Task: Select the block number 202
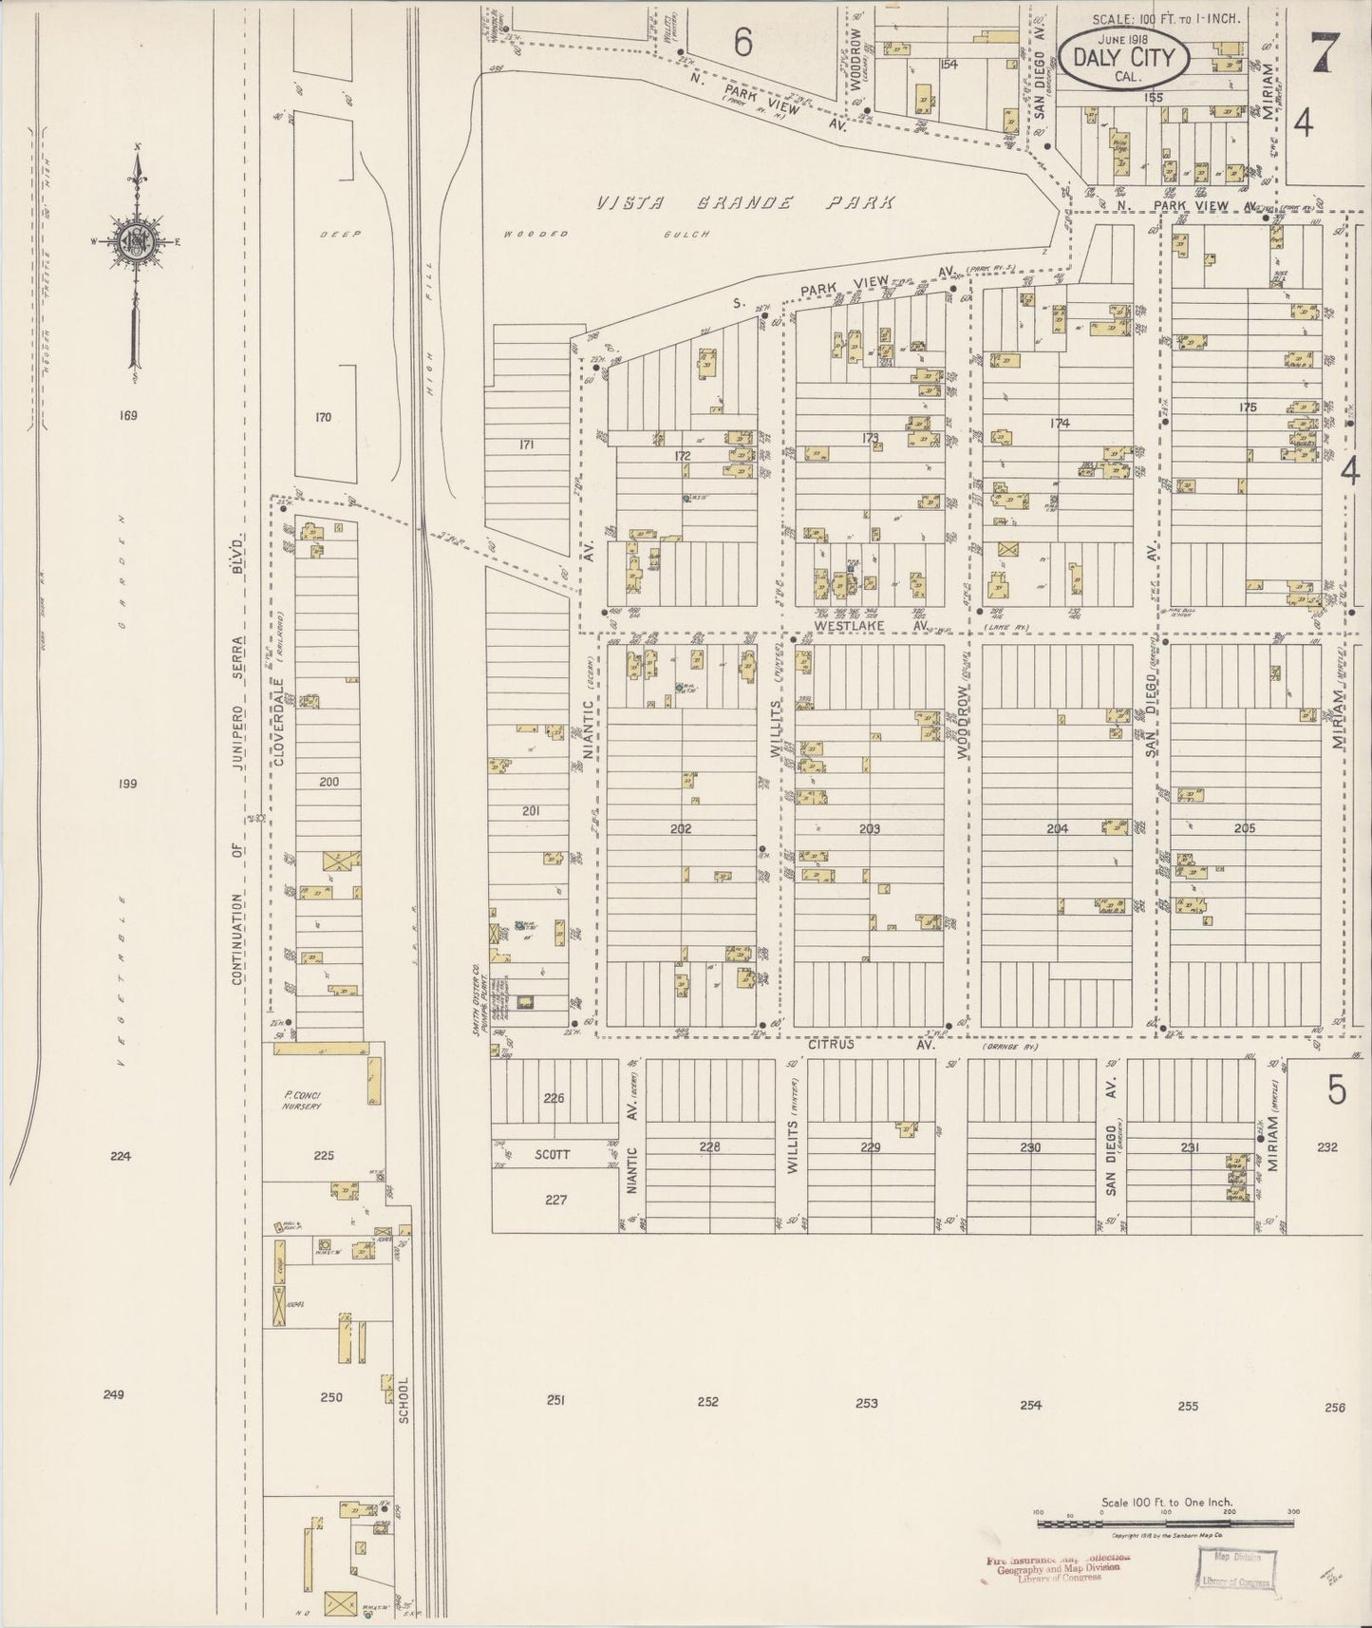coord(680,828)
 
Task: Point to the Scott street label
coord(552,1155)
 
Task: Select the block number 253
coord(866,1402)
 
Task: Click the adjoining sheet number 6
coord(742,43)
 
